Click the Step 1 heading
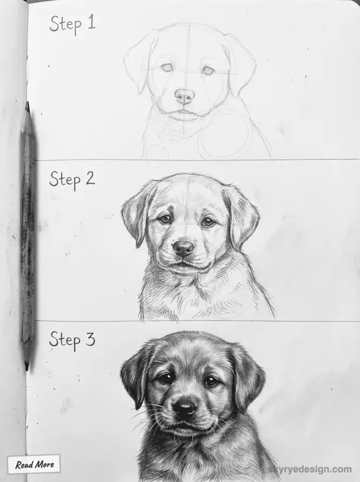(72, 23)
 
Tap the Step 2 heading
(72, 179)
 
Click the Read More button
(34, 465)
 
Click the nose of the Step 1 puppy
(184, 96)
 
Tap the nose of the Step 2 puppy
(184, 247)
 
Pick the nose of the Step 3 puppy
(184, 408)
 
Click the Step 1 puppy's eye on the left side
(166, 67)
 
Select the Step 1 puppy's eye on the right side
(208, 70)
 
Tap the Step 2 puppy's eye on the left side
(164, 219)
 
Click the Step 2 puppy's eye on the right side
(208, 222)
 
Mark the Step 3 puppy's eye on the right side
(211, 381)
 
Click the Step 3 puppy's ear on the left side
(134, 372)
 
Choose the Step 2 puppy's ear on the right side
(244, 217)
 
